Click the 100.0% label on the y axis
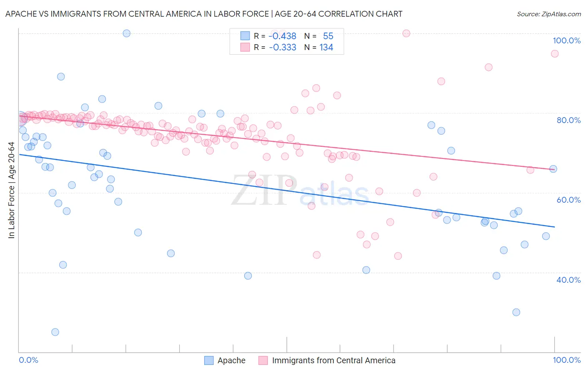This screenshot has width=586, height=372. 566,40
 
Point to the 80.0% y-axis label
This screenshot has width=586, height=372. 568,120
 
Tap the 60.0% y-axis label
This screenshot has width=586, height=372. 568,200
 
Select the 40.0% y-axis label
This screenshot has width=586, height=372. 568,280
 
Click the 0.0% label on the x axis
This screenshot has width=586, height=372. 28,360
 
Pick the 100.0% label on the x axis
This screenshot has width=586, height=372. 566,360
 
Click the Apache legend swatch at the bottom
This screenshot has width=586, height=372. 209,360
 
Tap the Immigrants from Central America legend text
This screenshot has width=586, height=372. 333,360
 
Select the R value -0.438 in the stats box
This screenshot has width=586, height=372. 283,36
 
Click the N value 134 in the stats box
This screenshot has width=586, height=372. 326,48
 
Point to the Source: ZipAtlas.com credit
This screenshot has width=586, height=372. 548,14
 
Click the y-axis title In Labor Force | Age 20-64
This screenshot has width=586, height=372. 11,190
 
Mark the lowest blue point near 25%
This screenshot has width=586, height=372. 55,332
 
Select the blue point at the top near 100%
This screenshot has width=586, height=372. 127,33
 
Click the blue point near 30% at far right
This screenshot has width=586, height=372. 516,312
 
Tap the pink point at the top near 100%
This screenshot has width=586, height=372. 406,33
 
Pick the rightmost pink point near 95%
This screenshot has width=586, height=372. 554,53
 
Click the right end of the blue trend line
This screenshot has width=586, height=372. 554,226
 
